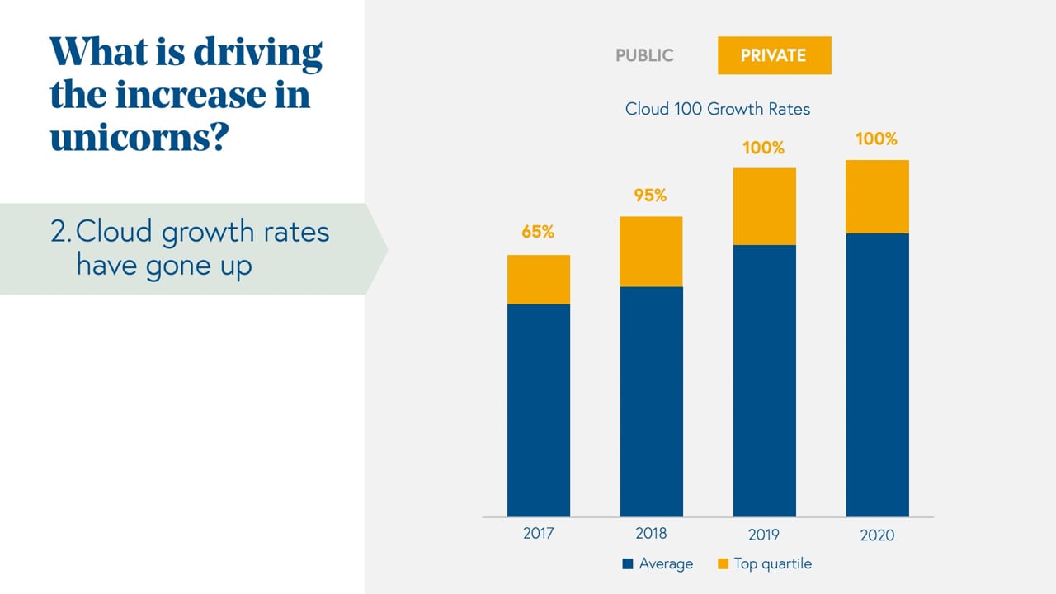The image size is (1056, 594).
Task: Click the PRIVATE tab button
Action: pyautogui.click(x=774, y=56)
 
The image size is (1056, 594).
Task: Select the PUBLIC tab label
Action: pyautogui.click(x=644, y=56)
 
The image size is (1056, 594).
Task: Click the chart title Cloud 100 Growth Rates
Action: pyautogui.click(x=718, y=109)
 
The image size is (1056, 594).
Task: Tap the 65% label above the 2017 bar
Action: pyautogui.click(x=538, y=233)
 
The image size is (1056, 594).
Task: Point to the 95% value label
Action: pyautogui.click(x=650, y=196)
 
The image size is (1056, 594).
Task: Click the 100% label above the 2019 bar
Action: pyautogui.click(x=763, y=148)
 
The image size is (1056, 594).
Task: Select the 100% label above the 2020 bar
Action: pyautogui.click(x=876, y=139)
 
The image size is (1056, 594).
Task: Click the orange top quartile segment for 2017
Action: pyautogui.click(x=538, y=280)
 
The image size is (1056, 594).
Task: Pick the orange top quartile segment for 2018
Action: pyautogui.click(x=651, y=252)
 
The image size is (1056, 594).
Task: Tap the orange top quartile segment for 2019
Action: pyautogui.click(x=764, y=206)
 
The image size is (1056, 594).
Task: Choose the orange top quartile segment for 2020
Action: pyautogui.click(x=877, y=196)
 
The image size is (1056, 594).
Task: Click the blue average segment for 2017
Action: pyautogui.click(x=538, y=410)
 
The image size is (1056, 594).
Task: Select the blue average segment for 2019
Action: pyautogui.click(x=764, y=380)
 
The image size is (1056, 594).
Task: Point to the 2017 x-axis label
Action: pyautogui.click(x=539, y=534)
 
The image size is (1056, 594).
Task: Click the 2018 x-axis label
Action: pyautogui.click(x=651, y=534)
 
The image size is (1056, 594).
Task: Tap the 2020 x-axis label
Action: pyautogui.click(x=877, y=535)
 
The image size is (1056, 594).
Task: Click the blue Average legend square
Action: pyautogui.click(x=628, y=564)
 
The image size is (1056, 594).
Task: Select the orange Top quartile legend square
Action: pyautogui.click(x=723, y=564)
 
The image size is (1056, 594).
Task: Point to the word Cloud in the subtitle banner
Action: pyautogui.click(x=114, y=232)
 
